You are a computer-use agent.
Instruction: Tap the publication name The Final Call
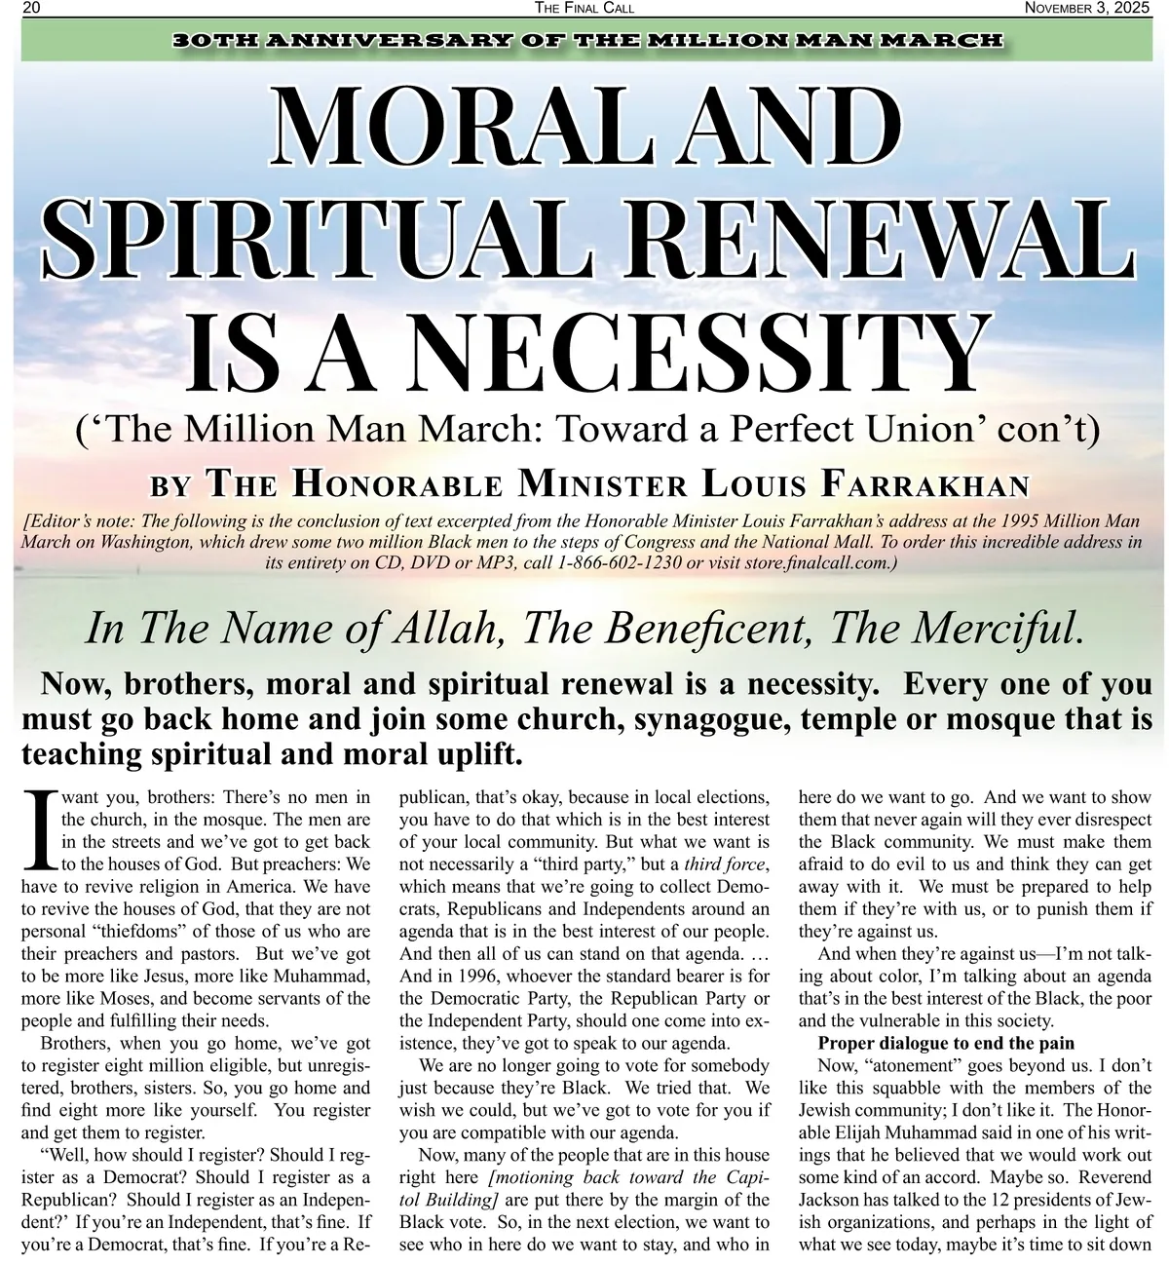pos(584,9)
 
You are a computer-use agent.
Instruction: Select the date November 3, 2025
pos(1093,9)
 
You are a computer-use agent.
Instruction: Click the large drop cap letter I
pos(38,828)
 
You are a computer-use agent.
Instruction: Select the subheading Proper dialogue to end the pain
pos(946,1043)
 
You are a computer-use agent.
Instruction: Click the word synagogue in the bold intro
pos(711,719)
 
